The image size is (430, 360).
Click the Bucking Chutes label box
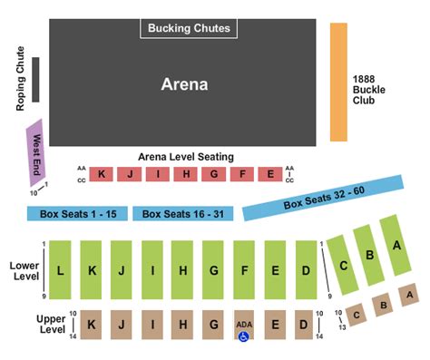point(189,29)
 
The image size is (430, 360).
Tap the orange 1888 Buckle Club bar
point(338,82)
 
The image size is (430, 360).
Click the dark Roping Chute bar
point(35,80)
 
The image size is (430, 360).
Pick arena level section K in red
point(102,174)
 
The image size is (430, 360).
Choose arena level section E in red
point(269,174)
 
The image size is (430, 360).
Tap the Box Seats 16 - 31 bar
point(183,214)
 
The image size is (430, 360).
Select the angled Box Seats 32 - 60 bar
point(322,199)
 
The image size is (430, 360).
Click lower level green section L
point(60,270)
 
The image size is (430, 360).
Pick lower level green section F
point(245,270)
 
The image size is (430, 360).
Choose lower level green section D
point(307,270)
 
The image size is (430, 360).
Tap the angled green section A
point(396,244)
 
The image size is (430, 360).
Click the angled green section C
point(342,265)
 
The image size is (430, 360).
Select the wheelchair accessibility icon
point(243,336)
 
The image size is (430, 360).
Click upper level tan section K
point(91,325)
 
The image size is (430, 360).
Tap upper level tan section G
point(214,325)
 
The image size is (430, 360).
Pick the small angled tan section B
point(384,305)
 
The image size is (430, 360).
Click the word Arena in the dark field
point(184,84)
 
